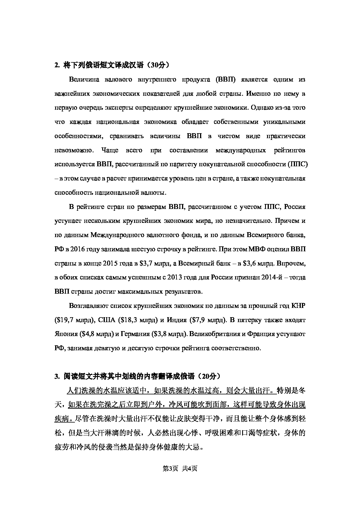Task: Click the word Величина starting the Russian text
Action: pyautogui.click(x=83, y=80)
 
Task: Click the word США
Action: pyautogui.click(x=107, y=320)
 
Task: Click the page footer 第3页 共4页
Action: pyautogui.click(x=180, y=468)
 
